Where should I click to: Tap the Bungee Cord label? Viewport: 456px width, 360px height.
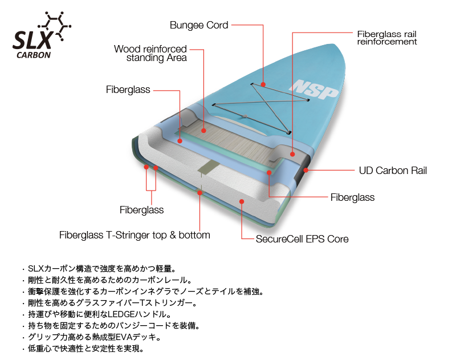(199, 25)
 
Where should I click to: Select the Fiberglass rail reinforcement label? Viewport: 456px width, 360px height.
(387, 38)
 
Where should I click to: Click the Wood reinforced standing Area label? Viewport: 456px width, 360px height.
(150, 53)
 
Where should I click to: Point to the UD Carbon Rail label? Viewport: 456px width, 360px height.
(393, 170)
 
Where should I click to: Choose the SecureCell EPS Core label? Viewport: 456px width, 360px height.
(302, 239)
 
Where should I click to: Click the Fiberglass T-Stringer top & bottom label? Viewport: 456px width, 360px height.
(135, 235)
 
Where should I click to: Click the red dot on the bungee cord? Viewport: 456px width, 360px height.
(263, 84)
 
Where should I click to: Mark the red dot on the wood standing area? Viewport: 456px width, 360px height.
(203, 130)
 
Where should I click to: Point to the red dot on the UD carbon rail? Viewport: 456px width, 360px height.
(306, 169)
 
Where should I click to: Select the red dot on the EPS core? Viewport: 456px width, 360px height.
(242, 201)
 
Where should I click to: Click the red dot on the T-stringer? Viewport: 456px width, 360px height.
(199, 192)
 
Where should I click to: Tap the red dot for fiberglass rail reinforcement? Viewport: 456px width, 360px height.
(292, 153)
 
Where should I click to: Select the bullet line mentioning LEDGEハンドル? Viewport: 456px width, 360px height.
(103, 314)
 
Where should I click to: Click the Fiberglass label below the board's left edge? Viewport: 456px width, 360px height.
(141, 210)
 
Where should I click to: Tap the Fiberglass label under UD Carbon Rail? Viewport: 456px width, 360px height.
(352, 197)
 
